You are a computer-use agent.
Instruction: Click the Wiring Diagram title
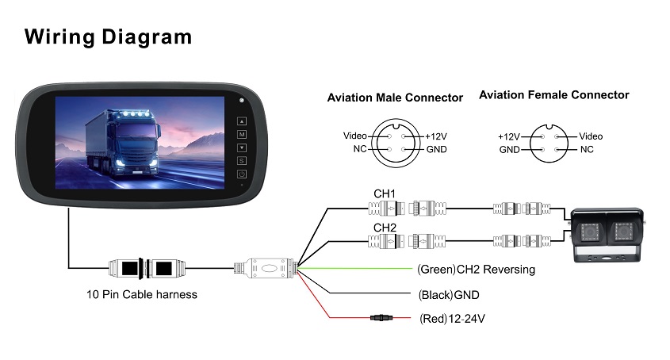click(x=108, y=36)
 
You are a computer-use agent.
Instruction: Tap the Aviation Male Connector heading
click(x=395, y=98)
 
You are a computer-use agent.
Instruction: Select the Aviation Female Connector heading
click(x=553, y=95)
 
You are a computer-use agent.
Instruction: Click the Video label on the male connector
click(x=355, y=136)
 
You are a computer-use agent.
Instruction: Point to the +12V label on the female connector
click(x=507, y=137)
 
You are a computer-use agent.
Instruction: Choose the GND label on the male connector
click(x=436, y=149)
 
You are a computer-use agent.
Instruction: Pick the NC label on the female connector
click(x=587, y=149)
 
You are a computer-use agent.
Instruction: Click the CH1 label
click(x=385, y=193)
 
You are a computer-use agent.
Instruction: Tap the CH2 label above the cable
click(x=385, y=227)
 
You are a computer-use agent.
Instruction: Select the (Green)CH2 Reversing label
click(x=476, y=270)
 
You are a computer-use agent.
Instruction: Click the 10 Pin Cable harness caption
click(x=142, y=294)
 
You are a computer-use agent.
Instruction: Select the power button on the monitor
click(x=242, y=174)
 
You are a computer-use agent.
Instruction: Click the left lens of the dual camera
click(x=589, y=234)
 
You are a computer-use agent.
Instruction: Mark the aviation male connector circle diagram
click(x=396, y=142)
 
